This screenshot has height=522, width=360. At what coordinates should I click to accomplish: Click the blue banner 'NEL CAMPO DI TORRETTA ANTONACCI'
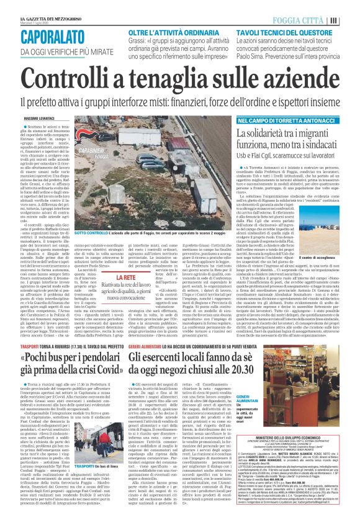[280, 120]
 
